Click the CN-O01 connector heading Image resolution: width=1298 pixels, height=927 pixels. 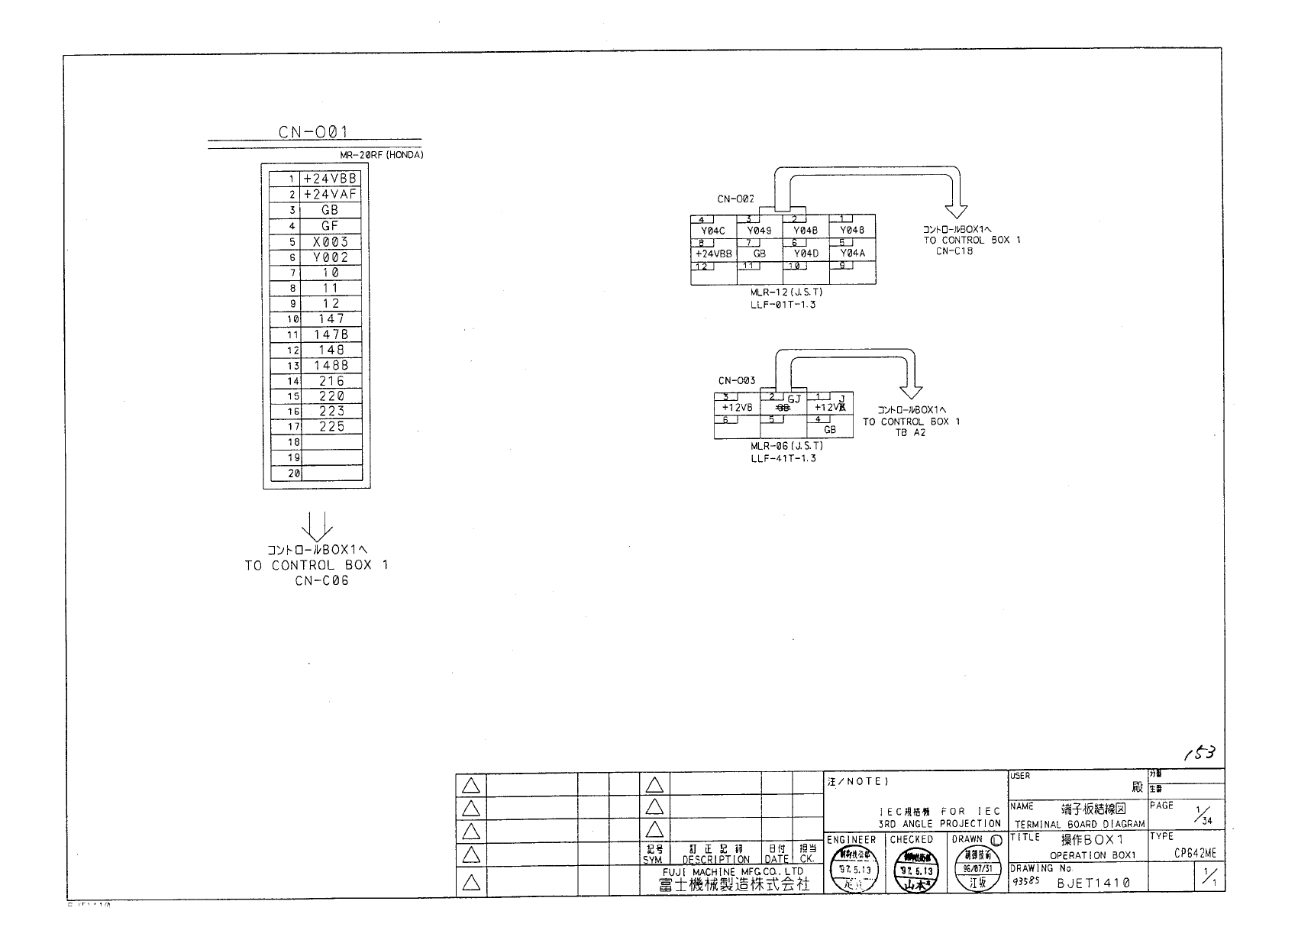point(314,132)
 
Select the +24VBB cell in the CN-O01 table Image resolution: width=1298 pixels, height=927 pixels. point(331,179)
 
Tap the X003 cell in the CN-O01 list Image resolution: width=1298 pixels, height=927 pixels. point(331,242)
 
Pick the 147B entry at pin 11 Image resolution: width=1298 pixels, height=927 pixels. point(331,334)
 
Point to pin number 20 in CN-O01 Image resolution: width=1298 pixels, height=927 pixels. point(293,474)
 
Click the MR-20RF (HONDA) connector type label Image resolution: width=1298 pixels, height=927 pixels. point(382,155)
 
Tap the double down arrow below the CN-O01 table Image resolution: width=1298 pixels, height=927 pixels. point(317,525)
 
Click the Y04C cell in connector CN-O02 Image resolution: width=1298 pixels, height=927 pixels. point(713,231)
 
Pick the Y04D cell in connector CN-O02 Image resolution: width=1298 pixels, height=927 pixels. point(806,253)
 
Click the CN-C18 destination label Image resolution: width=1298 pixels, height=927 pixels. point(954,251)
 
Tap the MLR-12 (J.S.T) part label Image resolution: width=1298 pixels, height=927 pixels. point(786,292)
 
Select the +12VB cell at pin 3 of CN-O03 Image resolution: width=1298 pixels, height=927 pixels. point(737,408)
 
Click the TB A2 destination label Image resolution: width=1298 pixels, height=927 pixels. point(910,433)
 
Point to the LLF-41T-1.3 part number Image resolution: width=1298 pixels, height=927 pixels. point(783,458)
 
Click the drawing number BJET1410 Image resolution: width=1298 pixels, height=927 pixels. point(1093,883)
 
